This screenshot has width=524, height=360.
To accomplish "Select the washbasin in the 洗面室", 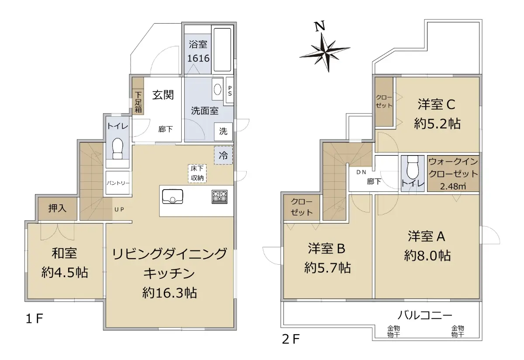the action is (217, 90).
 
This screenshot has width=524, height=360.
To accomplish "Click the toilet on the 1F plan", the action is (117, 149).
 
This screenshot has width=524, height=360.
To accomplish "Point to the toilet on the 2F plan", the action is (412, 166).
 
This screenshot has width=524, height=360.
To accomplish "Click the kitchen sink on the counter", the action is (172, 197).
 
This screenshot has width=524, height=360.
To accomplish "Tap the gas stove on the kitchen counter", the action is (219, 197).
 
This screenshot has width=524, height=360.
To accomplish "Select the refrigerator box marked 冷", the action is (224, 155).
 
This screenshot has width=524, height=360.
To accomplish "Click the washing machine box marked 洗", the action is (224, 132).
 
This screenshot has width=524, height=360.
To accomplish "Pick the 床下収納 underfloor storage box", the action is (197, 173).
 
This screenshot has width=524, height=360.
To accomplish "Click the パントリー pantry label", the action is (118, 183).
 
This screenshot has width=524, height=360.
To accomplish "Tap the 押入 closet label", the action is (57, 208).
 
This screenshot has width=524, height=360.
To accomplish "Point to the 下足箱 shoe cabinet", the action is (138, 96).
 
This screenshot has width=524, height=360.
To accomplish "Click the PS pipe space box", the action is (230, 90).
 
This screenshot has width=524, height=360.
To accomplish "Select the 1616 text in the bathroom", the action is (198, 58).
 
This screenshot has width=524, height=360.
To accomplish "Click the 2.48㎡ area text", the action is (453, 186).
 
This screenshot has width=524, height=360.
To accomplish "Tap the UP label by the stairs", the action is (119, 210).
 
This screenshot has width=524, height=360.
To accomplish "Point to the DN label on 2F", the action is (361, 172).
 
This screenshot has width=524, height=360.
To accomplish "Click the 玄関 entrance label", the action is (163, 95).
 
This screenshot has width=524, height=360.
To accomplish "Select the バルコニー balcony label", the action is (425, 315).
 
